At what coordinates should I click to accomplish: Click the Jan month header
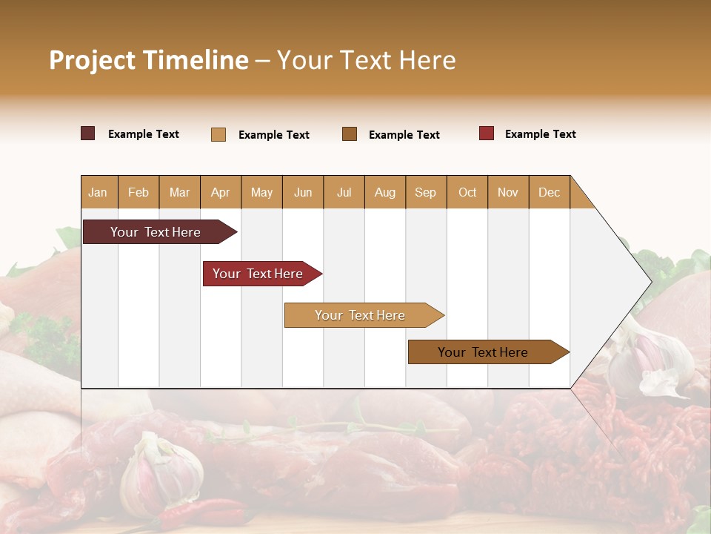[98, 192]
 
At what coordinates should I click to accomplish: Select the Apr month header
[220, 192]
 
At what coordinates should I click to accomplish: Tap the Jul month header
[344, 192]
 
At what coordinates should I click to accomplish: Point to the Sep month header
[425, 192]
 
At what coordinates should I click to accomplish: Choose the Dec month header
[549, 192]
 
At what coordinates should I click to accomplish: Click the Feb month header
[138, 192]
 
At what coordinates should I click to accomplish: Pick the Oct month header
[467, 192]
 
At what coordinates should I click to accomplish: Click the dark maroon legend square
[88, 133]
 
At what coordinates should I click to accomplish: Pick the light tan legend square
[218, 134]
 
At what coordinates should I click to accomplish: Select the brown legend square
[350, 133]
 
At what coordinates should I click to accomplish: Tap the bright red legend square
[487, 133]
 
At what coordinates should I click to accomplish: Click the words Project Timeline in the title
[148, 60]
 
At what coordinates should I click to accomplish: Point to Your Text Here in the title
[366, 60]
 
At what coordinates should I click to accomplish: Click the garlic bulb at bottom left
[161, 474]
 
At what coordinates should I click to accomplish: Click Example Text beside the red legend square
[540, 134]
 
